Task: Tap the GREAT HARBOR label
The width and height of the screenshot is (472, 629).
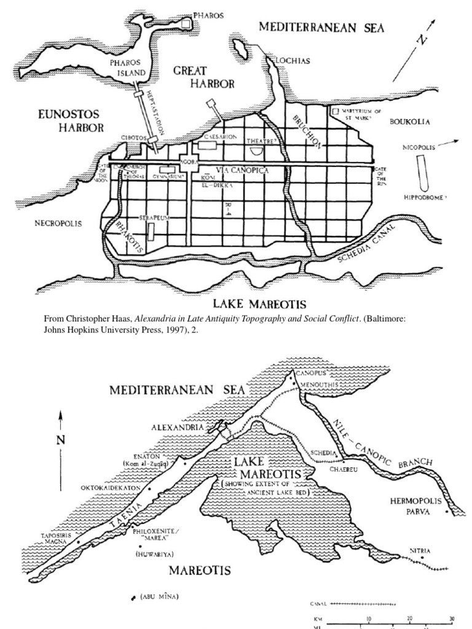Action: [x=204, y=78]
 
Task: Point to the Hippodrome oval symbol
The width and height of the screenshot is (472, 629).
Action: [x=422, y=173]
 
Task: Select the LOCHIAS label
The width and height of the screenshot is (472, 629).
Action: [x=293, y=61]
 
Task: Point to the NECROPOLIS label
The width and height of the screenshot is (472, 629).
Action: [x=58, y=224]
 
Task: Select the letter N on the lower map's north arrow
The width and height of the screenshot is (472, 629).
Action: [x=60, y=439]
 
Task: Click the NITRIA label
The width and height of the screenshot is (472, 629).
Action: [x=420, y=551]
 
